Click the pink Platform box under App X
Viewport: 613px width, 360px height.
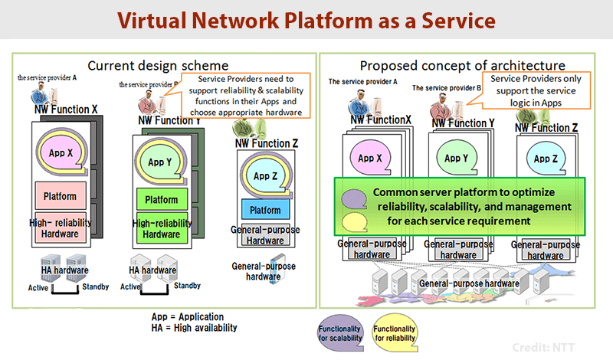tap(60, 196)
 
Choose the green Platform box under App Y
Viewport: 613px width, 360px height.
tap(161, 200)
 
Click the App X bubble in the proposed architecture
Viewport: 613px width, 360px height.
tap(370, 159)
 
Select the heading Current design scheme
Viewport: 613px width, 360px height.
tap(158, 65)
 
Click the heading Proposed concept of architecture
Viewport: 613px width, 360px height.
tap(463, 66)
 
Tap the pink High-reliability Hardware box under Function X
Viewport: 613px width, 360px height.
tap(60, 227)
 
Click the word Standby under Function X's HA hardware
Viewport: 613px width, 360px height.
tap(95, 287)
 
